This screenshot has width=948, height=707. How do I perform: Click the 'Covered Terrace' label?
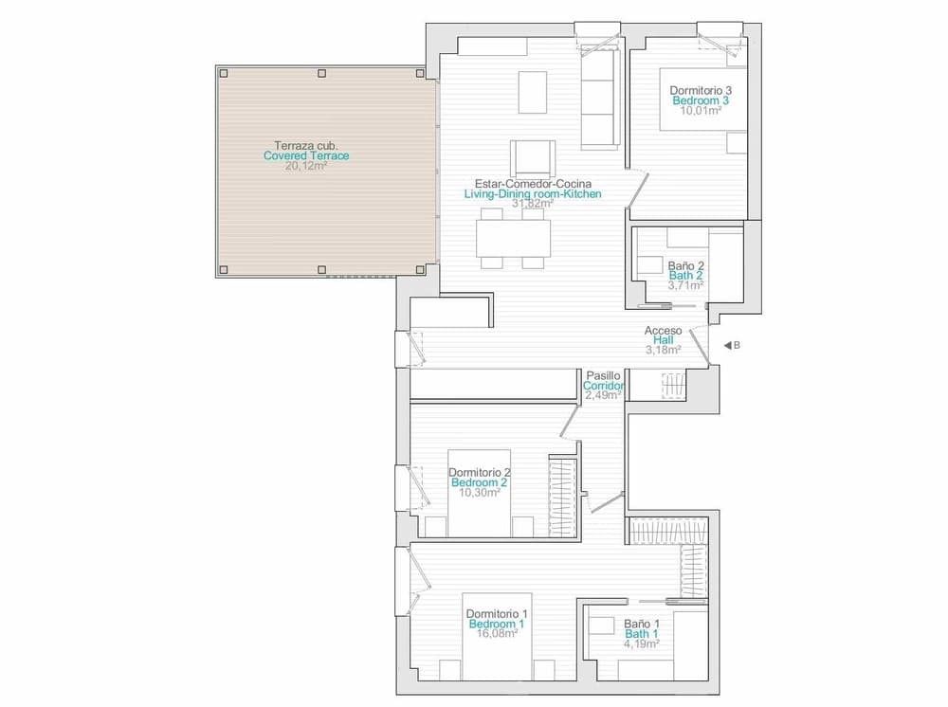(x=306, y=155)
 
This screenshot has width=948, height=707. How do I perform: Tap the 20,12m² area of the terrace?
(x=306, y=166)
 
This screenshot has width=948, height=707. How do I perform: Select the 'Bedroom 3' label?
(x=701, y=100)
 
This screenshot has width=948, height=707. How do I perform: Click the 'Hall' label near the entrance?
(x=663, y=340)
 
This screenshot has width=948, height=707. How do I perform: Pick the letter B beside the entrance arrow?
(x=737, y=346)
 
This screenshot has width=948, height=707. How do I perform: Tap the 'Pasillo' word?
(x=604, y=376)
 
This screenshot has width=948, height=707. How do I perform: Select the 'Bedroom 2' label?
(x=480, y=482)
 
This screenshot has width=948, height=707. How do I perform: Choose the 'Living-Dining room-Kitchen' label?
(x=533, y=193)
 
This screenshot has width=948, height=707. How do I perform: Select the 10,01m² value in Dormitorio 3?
(x=701, y=110)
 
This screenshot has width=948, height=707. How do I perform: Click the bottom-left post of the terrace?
(x=223, y=270)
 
